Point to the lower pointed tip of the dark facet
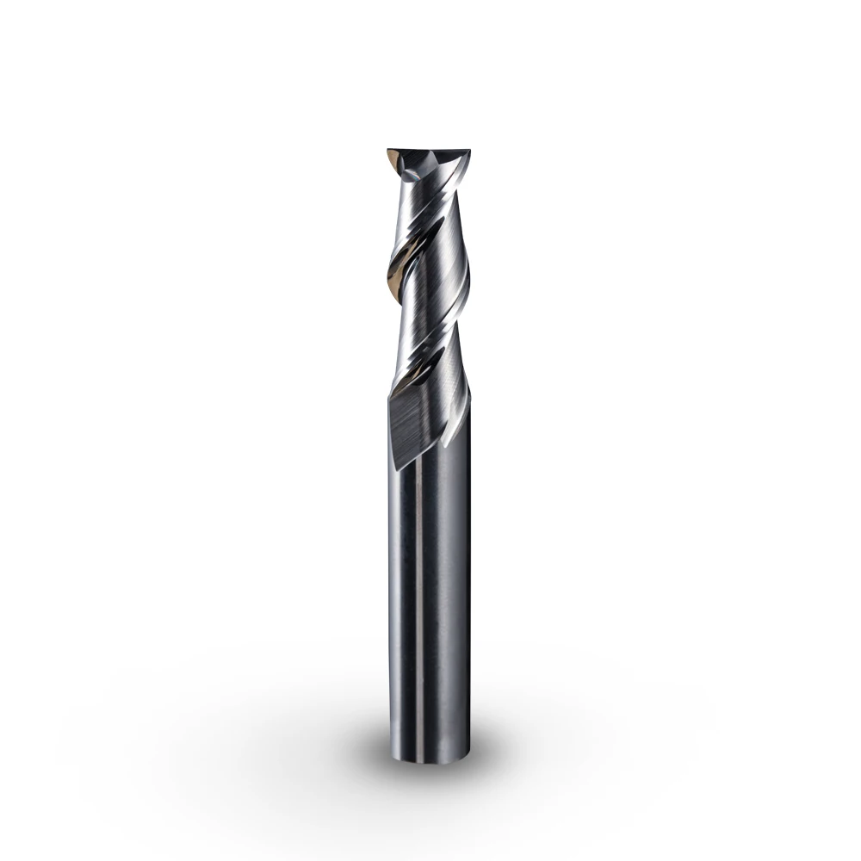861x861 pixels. pos(397,469)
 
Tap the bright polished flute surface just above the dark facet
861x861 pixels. pos(430,362)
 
